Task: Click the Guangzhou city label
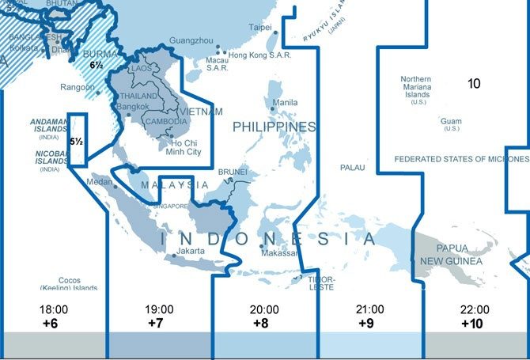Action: pyautogui.click(x=191, y=40)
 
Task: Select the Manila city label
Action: pyautogui.click(x=285, y=103)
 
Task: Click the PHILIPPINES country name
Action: pyautogui.click(x=274, y=127)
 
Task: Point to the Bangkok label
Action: pyautogui.click(x=132, y=107)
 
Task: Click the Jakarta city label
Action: pyautogui.click(x=191, y=251)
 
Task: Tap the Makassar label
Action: pyautogui.click(x=279, y=253)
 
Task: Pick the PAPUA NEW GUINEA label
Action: pyautogui.click(x=464, y=253)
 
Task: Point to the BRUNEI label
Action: pyautogui.click(x=232, y=171)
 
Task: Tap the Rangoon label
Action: pyautogui.click(x=78, y=88)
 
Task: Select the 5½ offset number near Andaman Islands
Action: pyautogui.click(x=77, y=142)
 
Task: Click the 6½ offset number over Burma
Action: pyautogui.click(x=97, y=65)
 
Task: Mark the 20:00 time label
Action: pyautogui.click(x=264, y=309)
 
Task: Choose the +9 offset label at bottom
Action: pyautogui.click(x=365, y=323)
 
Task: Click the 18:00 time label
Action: pyautogui.click(x=51, y=309)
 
